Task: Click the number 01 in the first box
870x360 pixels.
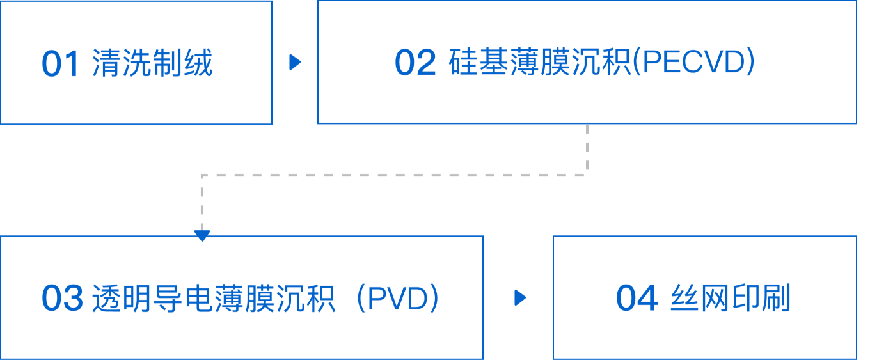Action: (x=60, y=64)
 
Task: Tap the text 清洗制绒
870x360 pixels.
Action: (x=152, y=63)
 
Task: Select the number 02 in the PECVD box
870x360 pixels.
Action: (x=415, y=63)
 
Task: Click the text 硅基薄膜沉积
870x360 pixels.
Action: (x=539, y=63)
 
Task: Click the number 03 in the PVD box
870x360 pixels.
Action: (x=62, y=299)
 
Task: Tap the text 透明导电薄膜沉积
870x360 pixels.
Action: (x=214, y=298)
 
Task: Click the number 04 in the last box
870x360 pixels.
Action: (x=636, y=299)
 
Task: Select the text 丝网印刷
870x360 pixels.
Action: (x=731, y=298)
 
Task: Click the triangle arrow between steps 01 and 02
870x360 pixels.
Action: (x=295, y=63)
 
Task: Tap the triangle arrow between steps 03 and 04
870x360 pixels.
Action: (x=520, y=298)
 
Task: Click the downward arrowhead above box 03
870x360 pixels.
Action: (x=202, y=235)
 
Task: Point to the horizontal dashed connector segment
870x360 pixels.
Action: (x=394, y=174)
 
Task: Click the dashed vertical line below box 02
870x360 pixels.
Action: (x=587, y=148)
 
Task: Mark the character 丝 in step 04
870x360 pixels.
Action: (x=684, y=298)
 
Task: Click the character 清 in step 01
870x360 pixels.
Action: (x=106, y=63)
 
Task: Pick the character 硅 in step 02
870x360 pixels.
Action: (x=463, y=63)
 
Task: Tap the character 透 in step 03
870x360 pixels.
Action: (x=106, y=298)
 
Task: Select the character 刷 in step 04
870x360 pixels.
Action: (x=777, y=298)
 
